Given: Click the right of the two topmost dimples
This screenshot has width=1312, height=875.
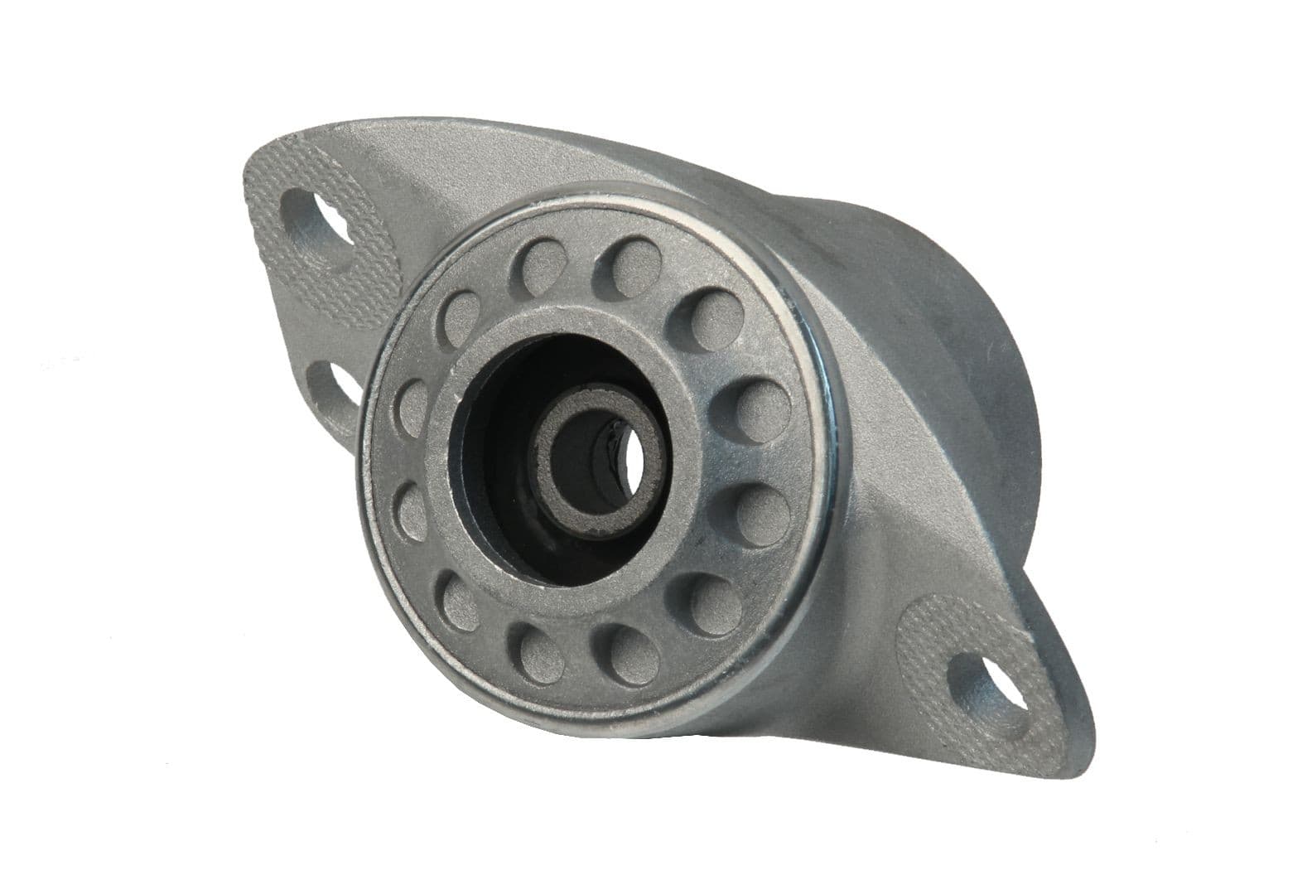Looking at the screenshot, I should [x=635, y=256].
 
